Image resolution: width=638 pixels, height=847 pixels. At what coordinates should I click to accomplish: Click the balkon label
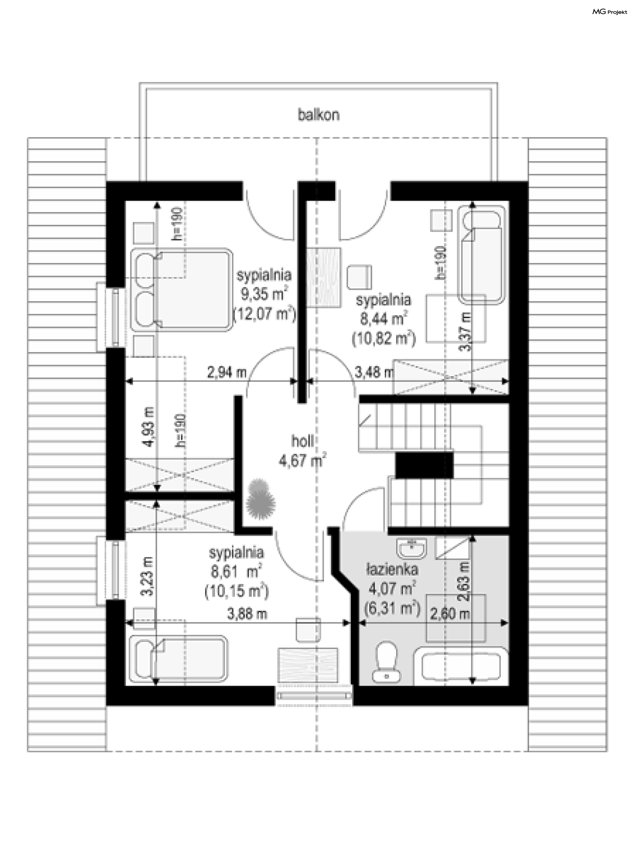point(319,115)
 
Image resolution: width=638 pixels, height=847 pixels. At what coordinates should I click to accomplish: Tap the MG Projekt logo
point(610,12)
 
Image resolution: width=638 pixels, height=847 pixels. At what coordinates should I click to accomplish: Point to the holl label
point(302,441)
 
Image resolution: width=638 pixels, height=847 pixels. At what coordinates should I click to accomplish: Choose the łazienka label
point(392,569)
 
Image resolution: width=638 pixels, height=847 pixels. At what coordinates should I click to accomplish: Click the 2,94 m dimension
point(227,372)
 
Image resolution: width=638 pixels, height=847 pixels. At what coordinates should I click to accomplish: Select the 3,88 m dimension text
point(247,614)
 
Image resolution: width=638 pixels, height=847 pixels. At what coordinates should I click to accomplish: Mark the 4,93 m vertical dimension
point(149,427)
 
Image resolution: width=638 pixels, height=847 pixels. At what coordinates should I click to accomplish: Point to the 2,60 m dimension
point(450,614)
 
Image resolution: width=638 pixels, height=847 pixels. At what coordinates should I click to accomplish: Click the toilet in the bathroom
point(386,662)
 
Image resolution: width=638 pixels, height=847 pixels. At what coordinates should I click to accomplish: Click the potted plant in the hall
point(261,499)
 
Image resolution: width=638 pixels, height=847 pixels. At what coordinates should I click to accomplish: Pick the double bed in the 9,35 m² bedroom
point(182,290)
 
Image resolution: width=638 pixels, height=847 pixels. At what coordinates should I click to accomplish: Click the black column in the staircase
point(424,465)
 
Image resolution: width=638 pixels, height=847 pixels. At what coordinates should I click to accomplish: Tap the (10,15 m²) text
point(237,591)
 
